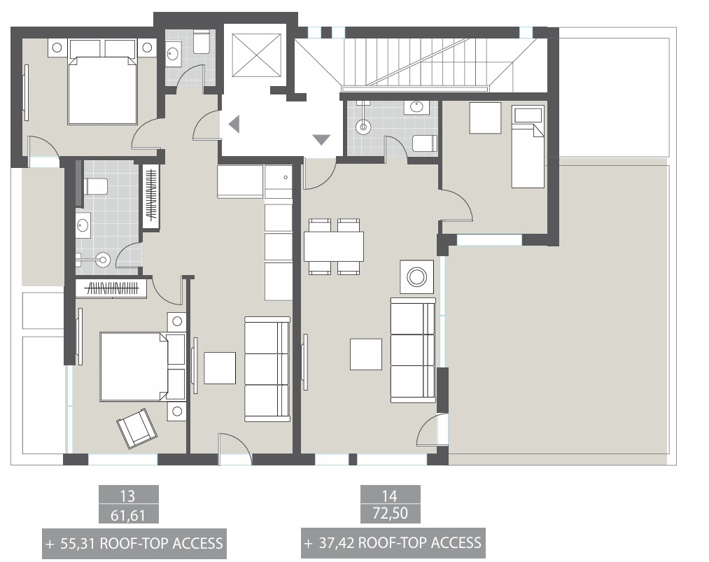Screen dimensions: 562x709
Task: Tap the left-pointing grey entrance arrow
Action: [234, 124]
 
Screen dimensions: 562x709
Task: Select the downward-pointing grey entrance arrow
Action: [321, 139]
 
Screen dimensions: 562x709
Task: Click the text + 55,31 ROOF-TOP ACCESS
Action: [134, 543]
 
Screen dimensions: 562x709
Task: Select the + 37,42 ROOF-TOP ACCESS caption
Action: [392, 542]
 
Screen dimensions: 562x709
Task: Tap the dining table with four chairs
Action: [334, 246]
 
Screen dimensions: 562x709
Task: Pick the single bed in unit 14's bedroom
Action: [527, 147]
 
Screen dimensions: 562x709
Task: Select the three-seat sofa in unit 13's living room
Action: [267, 369]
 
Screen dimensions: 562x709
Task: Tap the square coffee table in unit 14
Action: [366, 354]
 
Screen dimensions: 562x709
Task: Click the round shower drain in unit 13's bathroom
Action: [104, 260]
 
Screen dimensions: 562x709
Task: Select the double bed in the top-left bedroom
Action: [101, 88]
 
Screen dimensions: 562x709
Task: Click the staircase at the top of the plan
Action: [413, 63]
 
